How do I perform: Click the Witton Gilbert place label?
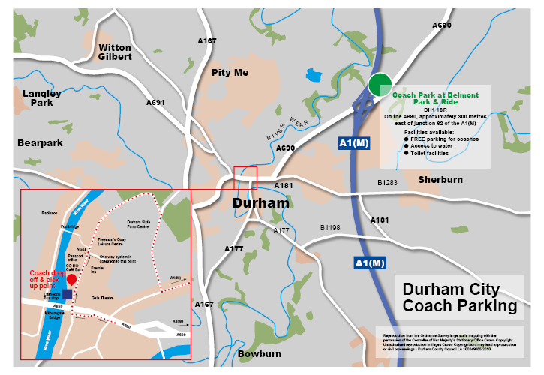point(115,52)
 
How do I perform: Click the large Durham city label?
point(260,203)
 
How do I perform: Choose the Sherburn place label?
point(440,180)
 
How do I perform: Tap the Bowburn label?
point(260,353)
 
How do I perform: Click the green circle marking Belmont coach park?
point(380,85)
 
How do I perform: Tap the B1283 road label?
point(387,182)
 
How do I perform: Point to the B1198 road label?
point(330,226)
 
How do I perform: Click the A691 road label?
point(155,102)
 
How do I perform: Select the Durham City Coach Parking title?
point(459,298)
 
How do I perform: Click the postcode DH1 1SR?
point(435,109)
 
